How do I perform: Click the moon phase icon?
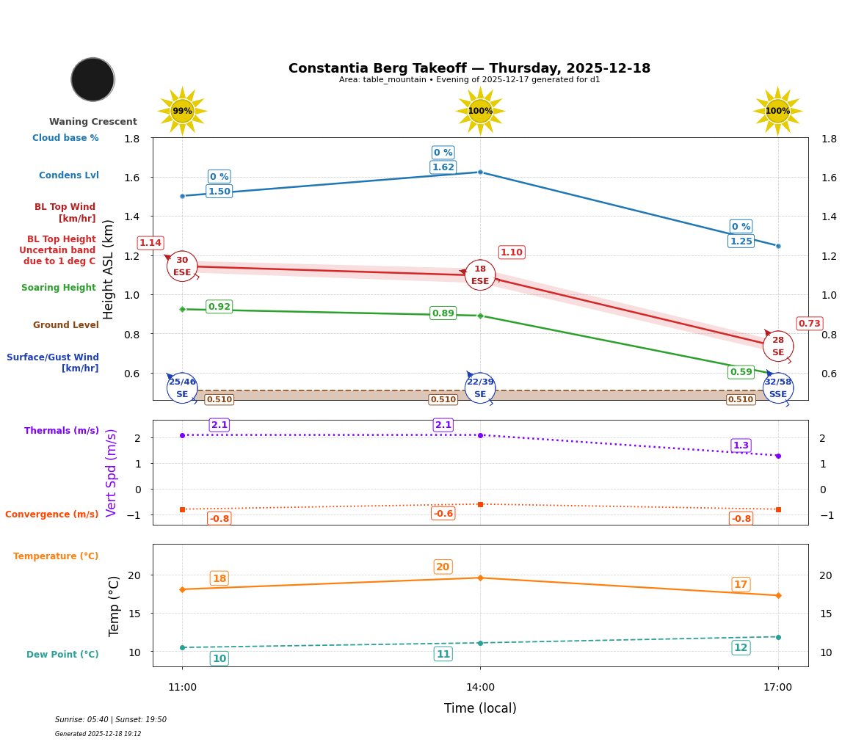[92, 79]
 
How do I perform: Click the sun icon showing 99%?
[182, 111]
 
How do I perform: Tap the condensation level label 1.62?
[443, 167]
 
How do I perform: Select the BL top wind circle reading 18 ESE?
[480, 275]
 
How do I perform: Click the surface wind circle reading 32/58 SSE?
[777, 388]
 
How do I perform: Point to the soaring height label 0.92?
[219, 307]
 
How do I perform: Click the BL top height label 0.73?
[809, 324]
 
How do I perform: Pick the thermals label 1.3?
[741, 445]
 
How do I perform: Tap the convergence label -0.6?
[443, 514]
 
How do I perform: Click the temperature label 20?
[443, 567]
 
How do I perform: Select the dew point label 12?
[741, 647]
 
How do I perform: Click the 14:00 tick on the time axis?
[480, 688]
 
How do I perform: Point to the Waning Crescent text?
[92, 122]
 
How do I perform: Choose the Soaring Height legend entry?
[59, 288]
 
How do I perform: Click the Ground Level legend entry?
[65, 325]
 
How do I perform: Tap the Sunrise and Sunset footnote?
[110, 720]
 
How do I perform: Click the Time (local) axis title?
[480, 708]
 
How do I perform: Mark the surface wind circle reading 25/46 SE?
[182, 388]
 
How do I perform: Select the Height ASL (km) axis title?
[109, 269]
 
